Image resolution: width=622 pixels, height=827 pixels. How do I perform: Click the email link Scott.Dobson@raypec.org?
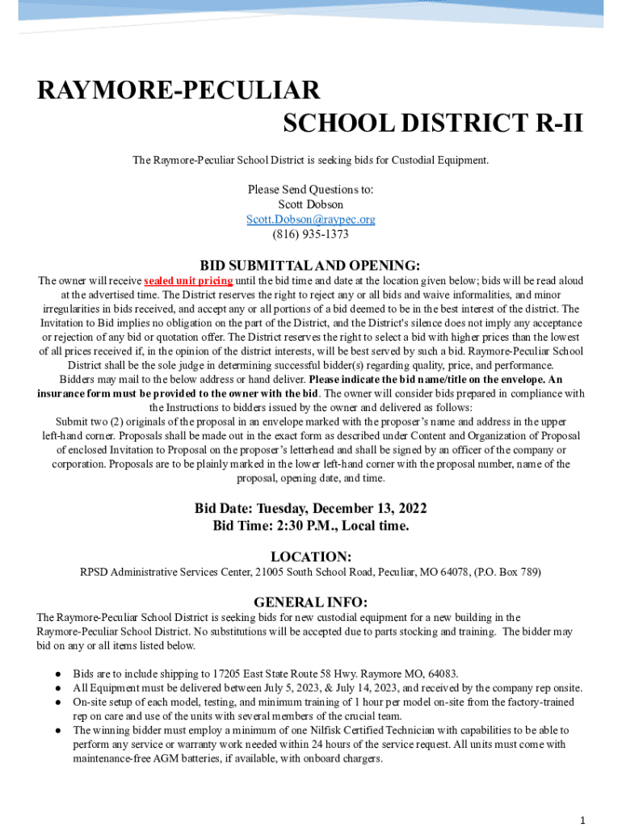[x=310, y=220]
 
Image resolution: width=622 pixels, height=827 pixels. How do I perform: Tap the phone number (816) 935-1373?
[x=310, y=235]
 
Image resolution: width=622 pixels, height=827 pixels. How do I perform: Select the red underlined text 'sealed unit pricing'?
[x=188, y=281]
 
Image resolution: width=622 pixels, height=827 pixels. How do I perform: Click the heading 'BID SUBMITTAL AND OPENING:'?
[x=310, y=265]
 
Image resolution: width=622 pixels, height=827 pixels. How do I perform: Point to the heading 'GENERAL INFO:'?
[x=310, y=602]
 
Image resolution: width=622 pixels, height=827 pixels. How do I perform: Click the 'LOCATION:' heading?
[x=310, y=556]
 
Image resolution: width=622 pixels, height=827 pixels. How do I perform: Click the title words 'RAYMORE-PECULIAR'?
[x=179, y=90]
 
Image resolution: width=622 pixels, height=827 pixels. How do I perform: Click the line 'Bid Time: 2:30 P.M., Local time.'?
[x=310, y=526]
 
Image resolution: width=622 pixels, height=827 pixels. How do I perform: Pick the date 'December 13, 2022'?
[x=374, y=509]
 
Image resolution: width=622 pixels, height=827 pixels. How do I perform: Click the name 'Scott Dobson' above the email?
[x=310, y=204]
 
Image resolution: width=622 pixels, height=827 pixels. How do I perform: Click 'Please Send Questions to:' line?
[x=310, y=190]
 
